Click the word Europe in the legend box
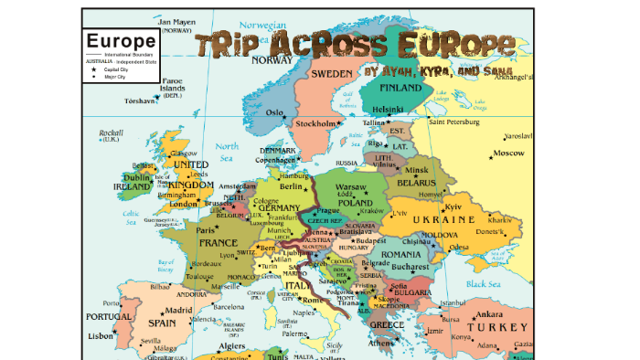pos(120,41)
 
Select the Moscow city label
pos(508,154)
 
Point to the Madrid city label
pos(178,310)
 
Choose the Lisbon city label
pos(101,335)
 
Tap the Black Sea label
pos(484,284)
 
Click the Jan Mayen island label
pos(178,23)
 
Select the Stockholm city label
pos(316,123)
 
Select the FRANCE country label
pos(219,244)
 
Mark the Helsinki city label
pos(387,109)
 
